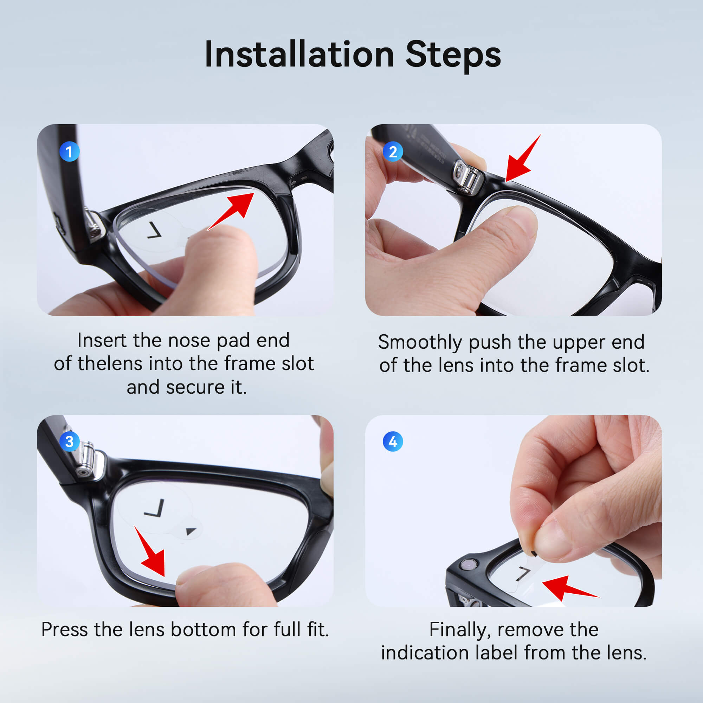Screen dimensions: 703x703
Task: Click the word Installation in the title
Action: coord(299,54)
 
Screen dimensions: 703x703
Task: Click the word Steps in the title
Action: coord(453,57)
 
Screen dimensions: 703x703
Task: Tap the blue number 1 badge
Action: coord(69,151)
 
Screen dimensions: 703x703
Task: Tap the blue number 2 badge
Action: coord(393,151)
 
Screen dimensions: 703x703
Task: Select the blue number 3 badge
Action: coord(69,441)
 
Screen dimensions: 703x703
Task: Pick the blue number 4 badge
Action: coord(393,441)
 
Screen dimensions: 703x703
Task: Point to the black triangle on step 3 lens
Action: coord(191,531)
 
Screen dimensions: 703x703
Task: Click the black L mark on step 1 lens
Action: coord(154,231)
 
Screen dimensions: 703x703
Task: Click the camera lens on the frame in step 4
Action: coord(469,565)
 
